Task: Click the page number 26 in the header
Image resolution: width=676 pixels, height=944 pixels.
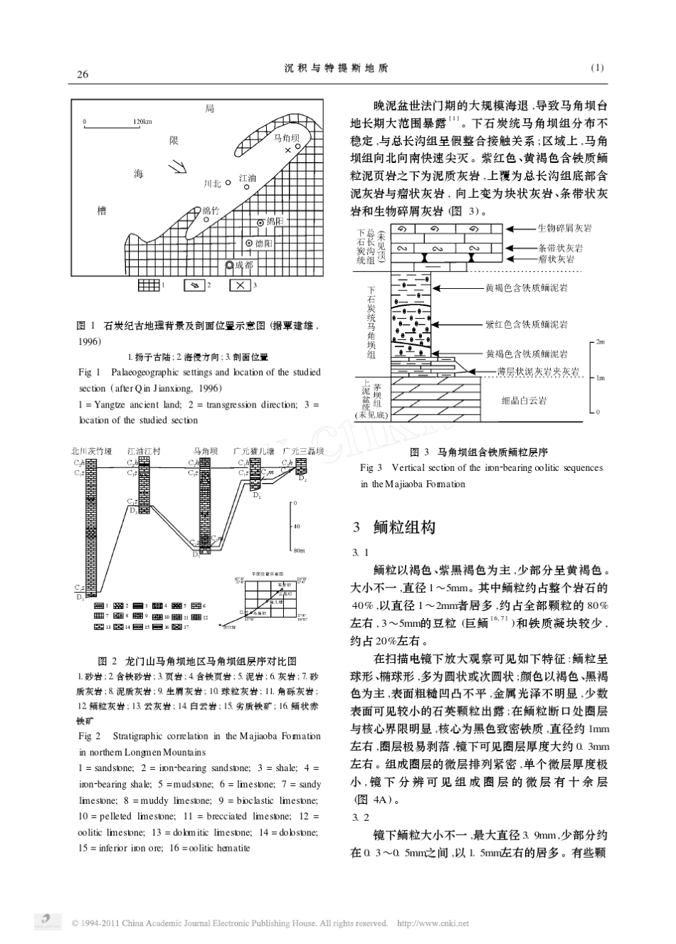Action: click(83, 73)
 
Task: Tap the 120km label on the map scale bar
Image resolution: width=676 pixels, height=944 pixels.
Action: click(142, 122)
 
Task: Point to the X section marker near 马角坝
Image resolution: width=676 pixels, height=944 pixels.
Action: click(287, 151)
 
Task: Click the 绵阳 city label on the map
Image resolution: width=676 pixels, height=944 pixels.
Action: click(274, 222)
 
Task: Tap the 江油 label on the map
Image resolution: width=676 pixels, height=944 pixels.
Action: click(247, 178)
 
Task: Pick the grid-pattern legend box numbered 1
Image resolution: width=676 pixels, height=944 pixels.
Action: click(148, 285)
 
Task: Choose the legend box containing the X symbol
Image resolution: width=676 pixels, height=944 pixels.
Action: click(240, 285)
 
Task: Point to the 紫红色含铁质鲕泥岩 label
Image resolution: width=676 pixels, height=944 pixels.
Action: click(526, 324)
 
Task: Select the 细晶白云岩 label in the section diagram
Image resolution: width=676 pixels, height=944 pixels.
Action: click(524, 401)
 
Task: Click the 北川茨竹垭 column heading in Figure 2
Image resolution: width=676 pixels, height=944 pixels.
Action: click(92, 451)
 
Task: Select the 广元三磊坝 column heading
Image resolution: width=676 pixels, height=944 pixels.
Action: click(303, 451)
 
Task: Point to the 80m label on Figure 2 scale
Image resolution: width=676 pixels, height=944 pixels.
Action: click(299, 550)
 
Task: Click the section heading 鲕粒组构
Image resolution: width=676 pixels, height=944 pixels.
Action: click(403, 527)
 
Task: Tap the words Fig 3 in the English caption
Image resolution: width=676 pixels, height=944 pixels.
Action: click(371, 467)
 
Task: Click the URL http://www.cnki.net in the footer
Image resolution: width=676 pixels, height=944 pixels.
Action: click(432, 923)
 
